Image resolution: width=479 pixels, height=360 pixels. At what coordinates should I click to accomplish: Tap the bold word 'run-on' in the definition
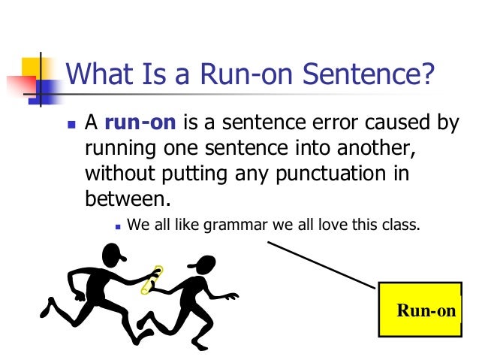(130, 123)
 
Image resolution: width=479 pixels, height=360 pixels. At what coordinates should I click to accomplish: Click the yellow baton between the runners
(155, 280)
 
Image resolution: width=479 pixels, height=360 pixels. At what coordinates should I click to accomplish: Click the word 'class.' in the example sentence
(396, 223)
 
